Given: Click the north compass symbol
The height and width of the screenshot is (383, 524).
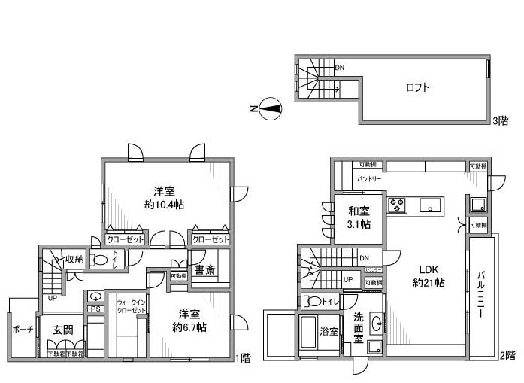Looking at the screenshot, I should coord(270,109).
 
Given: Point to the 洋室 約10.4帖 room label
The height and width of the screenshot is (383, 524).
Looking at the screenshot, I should coord(165,197).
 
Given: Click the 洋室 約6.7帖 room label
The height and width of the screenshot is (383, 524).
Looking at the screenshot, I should coord(189,321).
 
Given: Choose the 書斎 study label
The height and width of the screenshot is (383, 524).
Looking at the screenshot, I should coord(204,269).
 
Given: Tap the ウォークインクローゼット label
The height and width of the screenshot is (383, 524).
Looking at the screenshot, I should coord(131,307).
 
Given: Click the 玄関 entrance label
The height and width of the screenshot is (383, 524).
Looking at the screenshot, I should coord(62,330).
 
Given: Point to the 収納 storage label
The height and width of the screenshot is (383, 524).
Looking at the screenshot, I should coord(74,260).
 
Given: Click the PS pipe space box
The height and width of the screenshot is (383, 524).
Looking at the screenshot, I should coord(95,309).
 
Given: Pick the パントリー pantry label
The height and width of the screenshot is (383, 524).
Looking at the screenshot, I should coord(368,179).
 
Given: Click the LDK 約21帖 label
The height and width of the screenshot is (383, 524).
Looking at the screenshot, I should coord(429,276).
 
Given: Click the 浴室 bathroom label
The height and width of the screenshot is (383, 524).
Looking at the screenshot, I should coord(327,330).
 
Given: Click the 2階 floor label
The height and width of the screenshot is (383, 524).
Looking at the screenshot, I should coord(508,354).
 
